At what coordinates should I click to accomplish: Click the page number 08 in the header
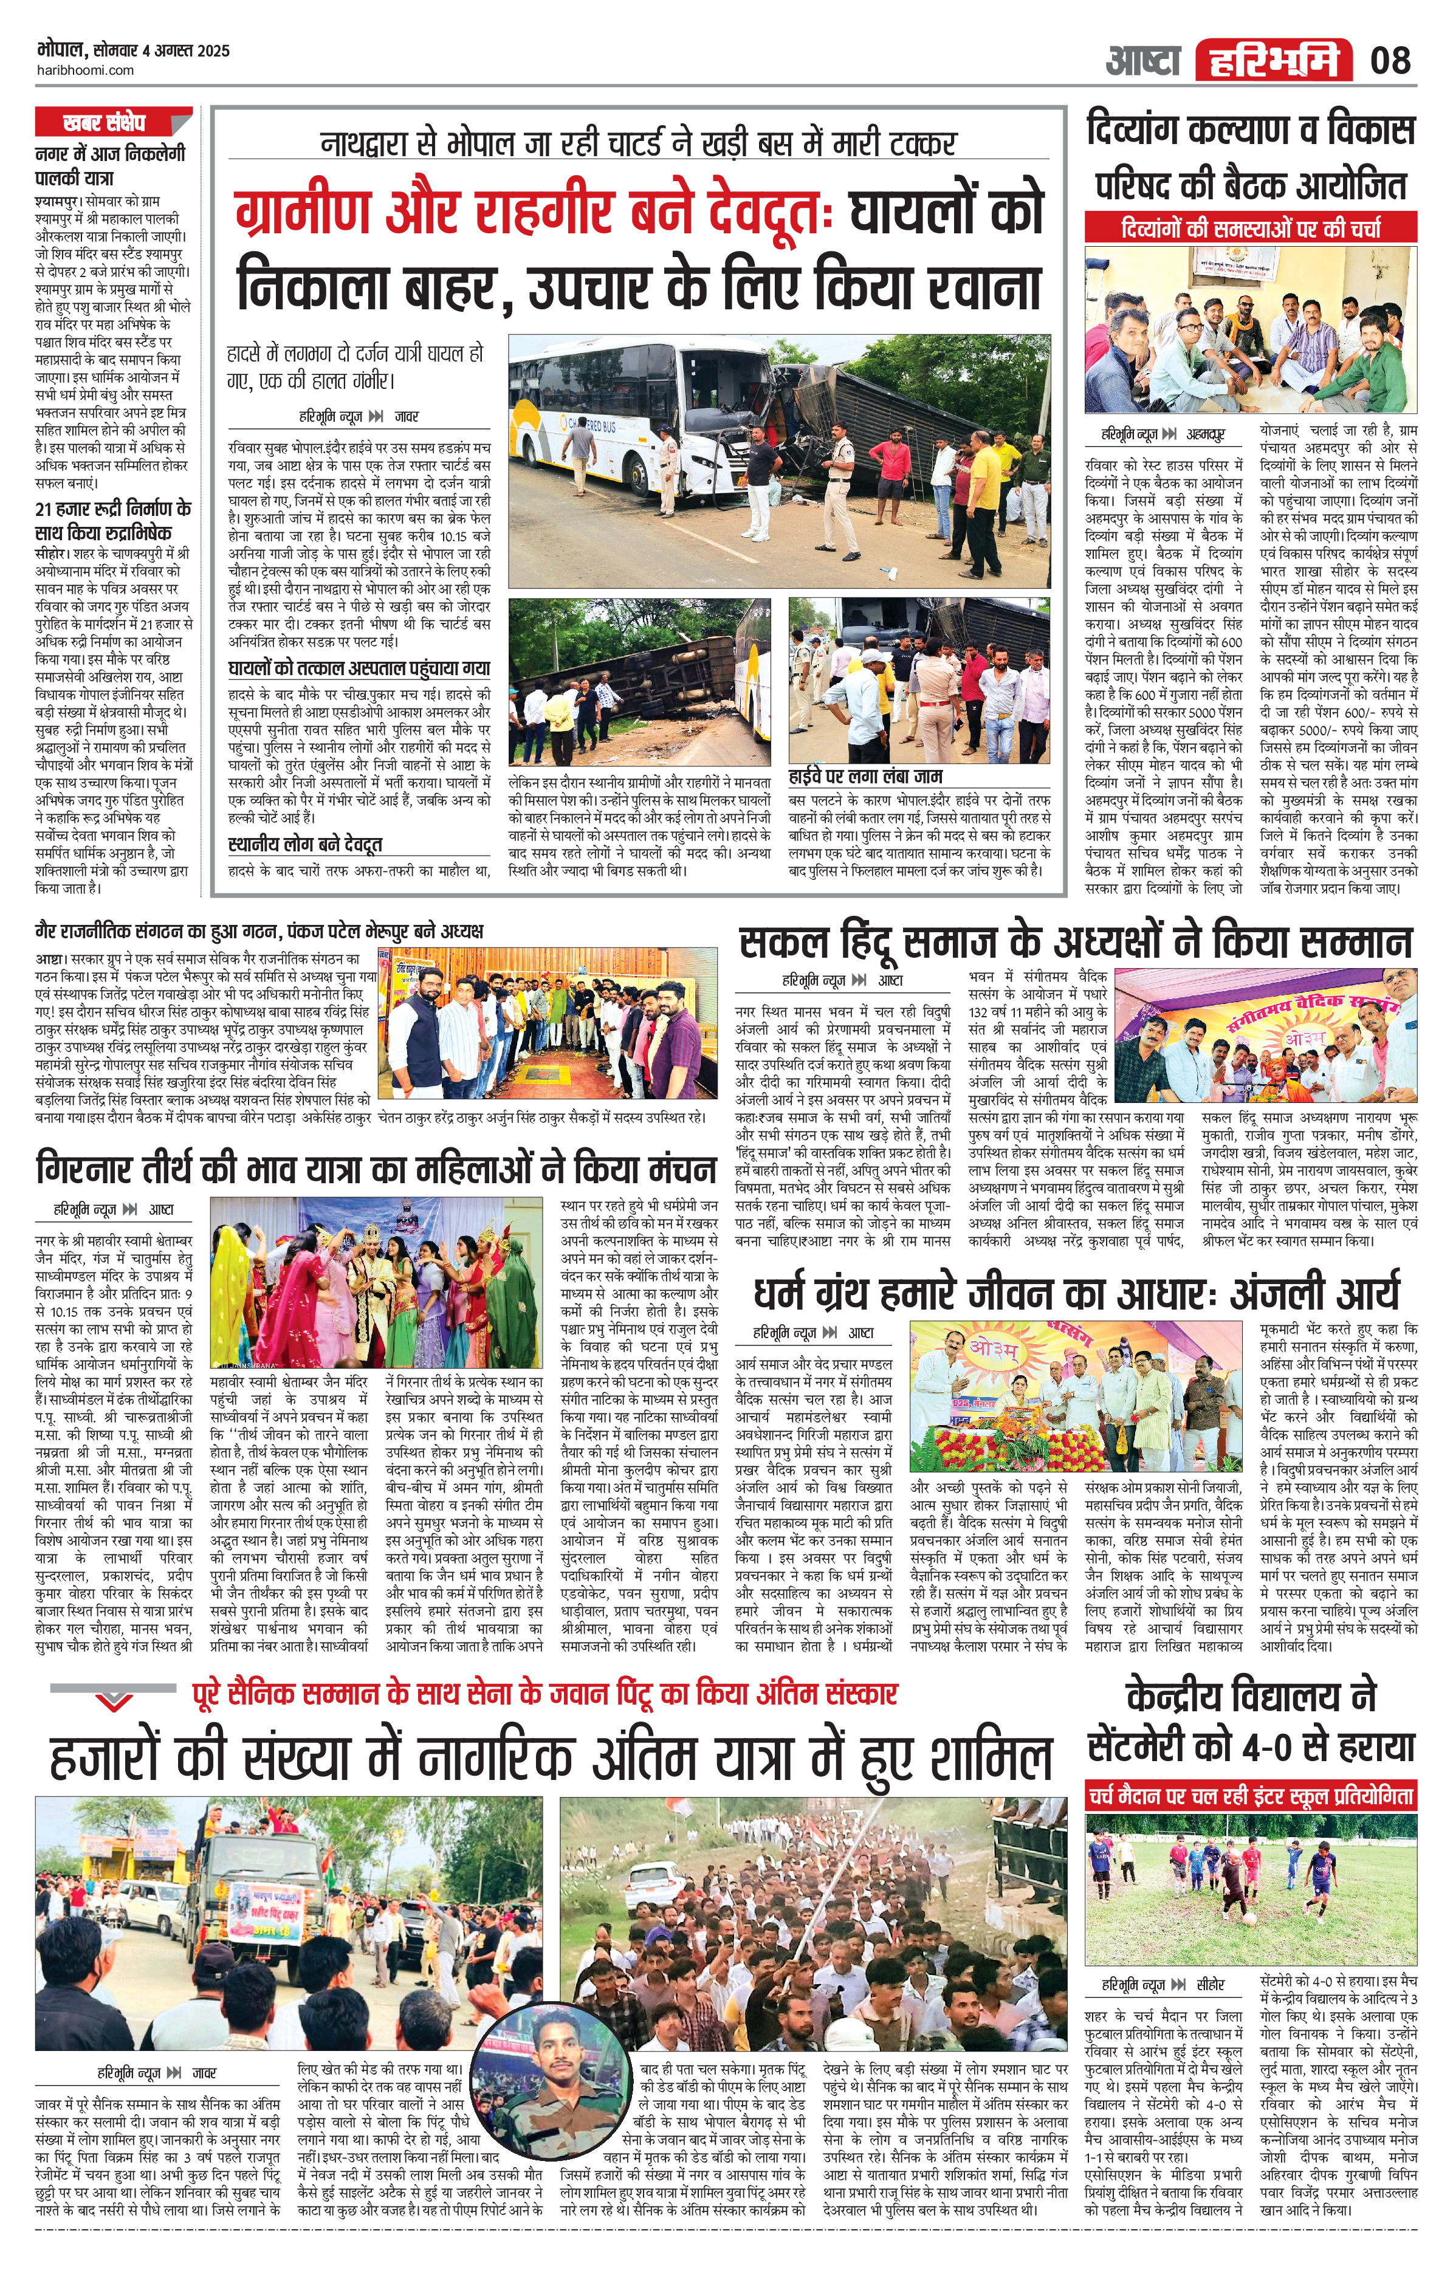pos(1390,61)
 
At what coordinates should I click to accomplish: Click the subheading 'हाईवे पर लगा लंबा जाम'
pos(865,776)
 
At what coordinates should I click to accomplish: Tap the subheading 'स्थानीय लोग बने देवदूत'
pos(305,845)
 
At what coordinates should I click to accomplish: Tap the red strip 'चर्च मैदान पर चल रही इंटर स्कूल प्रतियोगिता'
pos(1251,1797)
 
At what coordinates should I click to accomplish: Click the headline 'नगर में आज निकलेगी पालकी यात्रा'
pos(109,165)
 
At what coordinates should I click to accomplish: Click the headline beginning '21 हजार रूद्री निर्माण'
pos(112,521)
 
